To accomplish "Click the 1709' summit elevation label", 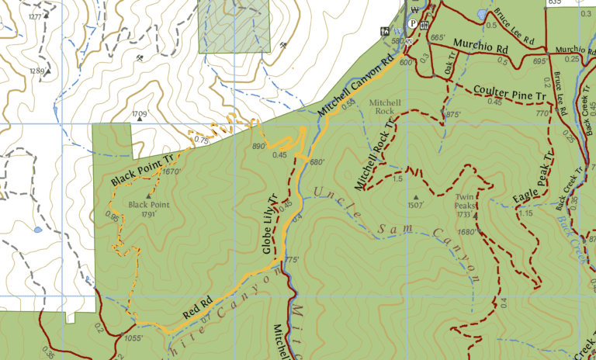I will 140,114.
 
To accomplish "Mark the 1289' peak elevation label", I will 37,71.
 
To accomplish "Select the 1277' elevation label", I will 35,16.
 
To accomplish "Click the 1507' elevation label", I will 416,206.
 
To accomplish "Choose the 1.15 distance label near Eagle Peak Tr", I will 526,213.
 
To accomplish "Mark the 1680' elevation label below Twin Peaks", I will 466,232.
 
